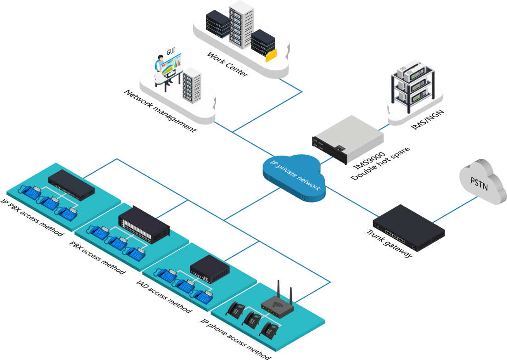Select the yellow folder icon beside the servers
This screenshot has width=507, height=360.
tap(271, 55)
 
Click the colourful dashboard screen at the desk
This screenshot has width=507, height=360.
tap(172, 64)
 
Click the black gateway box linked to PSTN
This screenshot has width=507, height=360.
tap(408, 229)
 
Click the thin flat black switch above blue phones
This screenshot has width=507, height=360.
tap(71, 183)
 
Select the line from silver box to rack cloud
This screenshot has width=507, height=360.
tap(385, 125)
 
